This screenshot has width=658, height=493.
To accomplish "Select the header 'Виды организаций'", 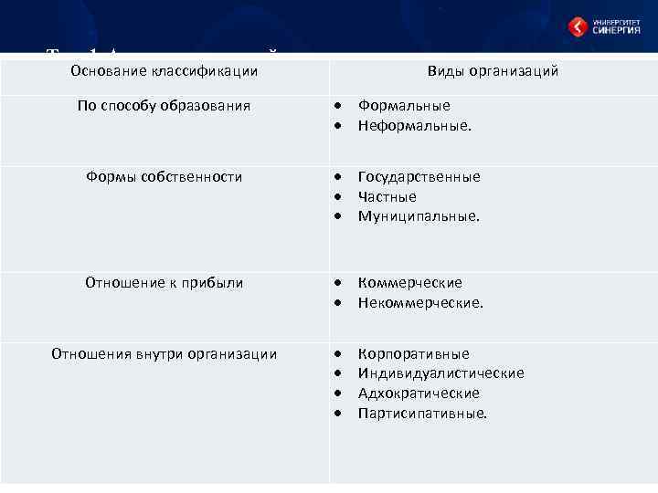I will (493, 71).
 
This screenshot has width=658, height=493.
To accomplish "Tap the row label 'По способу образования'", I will (164, 106).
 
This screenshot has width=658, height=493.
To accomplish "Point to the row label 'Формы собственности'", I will (164, 177).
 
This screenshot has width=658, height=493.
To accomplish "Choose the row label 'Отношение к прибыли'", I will (164, 283).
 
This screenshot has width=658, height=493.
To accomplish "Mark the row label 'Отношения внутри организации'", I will (164, 354).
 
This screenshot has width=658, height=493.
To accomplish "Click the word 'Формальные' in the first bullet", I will (404, 106).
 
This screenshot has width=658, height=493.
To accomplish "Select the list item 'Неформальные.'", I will (415, 126).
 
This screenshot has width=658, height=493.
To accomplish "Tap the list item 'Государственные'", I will (419, 177).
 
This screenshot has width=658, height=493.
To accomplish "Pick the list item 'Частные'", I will (387, 197).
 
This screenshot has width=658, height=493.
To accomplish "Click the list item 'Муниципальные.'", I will (419, 217).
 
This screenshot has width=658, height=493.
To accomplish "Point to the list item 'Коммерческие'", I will (409, 283).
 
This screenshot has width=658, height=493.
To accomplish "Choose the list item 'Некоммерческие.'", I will (420, 303).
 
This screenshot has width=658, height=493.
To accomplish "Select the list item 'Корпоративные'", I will (413, 354).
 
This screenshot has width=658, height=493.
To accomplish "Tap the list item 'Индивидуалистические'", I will (440, 373).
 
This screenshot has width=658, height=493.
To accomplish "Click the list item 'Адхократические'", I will (419, 393).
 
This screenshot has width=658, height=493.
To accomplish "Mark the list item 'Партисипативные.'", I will (422, 414).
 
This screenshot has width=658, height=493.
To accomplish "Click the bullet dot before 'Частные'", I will (338, 197).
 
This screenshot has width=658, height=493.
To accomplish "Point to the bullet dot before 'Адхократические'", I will (338, 393).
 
